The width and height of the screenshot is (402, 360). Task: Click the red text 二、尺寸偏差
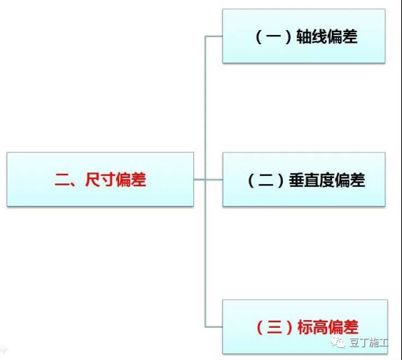100,179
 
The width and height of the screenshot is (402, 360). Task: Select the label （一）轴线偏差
306,36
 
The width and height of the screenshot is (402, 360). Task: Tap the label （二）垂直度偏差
306,180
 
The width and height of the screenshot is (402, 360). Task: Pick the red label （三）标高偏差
307,327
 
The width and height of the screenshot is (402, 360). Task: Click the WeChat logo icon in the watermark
338,342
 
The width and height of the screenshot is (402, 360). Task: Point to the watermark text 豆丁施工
368,342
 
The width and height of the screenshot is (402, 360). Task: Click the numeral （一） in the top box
274,36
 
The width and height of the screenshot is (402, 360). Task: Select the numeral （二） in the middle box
266,180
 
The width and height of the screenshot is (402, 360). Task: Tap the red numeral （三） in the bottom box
275,327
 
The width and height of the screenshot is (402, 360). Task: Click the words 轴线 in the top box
312,36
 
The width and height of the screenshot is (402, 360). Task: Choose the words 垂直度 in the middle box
312,180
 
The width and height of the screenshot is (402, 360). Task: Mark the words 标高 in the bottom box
312,327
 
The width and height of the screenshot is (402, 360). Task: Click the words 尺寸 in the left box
100,179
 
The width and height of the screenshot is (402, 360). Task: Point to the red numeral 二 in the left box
62,179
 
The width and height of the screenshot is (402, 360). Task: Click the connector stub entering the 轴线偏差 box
214,36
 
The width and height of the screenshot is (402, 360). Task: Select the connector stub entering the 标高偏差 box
214,327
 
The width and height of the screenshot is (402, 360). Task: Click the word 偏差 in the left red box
131,179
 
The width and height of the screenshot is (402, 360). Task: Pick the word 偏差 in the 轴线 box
342,36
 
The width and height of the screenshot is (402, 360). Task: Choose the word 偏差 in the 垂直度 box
350,180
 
